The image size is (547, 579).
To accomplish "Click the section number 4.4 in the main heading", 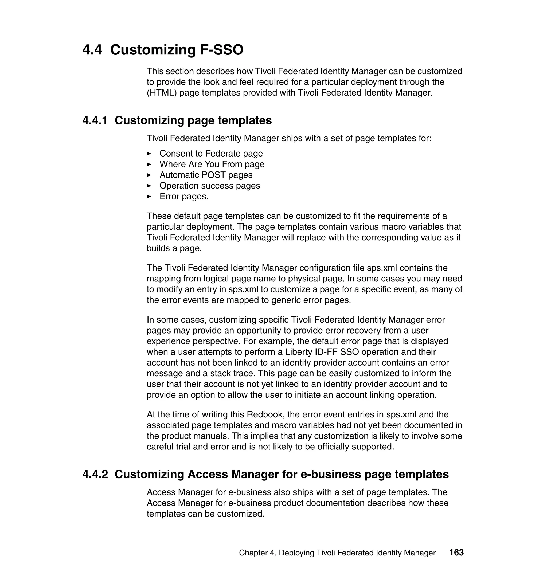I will [x=92, y=50].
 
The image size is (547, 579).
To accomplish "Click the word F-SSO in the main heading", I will [x=222, y=50].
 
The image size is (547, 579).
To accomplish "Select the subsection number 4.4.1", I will [x=95, y=120].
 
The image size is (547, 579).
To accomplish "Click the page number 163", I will [x=456, y=553].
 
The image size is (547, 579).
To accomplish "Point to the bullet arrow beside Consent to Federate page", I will [x=149, y=153].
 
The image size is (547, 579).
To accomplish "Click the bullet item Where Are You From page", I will [x=212, y=164].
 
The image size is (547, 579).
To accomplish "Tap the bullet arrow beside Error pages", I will [x=149, y=197].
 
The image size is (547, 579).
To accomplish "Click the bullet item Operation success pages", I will [x=210, y=186].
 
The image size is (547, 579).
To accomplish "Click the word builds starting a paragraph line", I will [x=158, y=248].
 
